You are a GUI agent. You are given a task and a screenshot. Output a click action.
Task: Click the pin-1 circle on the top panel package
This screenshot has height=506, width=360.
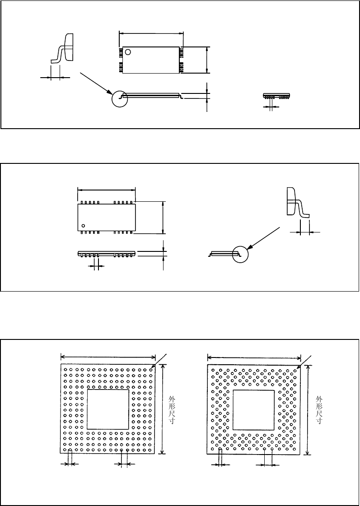pyautogui.click(x=128, y=52)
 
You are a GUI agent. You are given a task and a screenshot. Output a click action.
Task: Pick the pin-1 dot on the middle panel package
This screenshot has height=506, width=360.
pyautogui.click(x=83, y=225)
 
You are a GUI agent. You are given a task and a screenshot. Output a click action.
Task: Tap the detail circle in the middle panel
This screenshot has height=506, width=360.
pyautogui.click(x=240, y=254)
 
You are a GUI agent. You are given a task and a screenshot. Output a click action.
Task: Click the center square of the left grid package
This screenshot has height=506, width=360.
pyautogui.click(x=108, y=409)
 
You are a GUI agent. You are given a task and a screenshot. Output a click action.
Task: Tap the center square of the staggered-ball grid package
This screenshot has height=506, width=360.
pyautogui.click(x=253, y=409)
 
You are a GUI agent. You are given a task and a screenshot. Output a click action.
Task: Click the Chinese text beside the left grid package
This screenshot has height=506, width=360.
pyautogui.click(x=171, y=409)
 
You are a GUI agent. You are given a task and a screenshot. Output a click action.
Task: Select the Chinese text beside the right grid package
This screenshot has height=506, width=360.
pyautogui.click(x=319, y=409)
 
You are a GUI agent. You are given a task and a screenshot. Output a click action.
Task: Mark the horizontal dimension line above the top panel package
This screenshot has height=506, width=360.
pyautogui.click(x=151, y=32)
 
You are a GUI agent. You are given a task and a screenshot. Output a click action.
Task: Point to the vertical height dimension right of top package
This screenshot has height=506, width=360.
pyautogui.click(x=206, y=60)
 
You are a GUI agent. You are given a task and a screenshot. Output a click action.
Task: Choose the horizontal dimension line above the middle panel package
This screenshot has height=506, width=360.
pyautogui.click(x=107, y=190)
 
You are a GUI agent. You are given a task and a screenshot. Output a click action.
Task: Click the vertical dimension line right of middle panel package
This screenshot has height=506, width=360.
pyautogui.click(x=163, y=218)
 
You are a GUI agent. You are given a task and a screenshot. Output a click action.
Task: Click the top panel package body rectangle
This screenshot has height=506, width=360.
pyautogui.click(x=151, y=60)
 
